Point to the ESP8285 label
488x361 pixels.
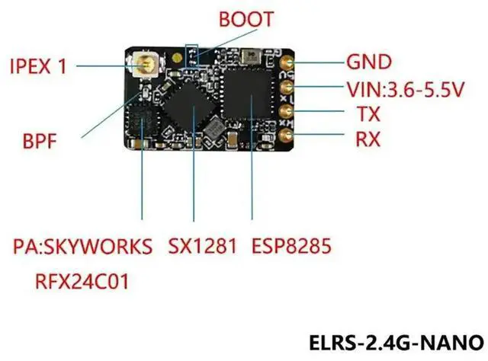[x=293, y=248]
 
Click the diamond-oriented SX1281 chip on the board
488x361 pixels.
[x=193, y=109]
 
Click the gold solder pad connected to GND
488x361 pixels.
[x=289, y=63]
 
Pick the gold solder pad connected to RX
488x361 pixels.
[x=288, y=136]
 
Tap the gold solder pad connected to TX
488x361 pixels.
[x=288, y=112]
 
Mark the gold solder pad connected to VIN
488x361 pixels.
[x=288, y=88]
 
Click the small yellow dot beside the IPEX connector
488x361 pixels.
[x=177, y=56]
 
